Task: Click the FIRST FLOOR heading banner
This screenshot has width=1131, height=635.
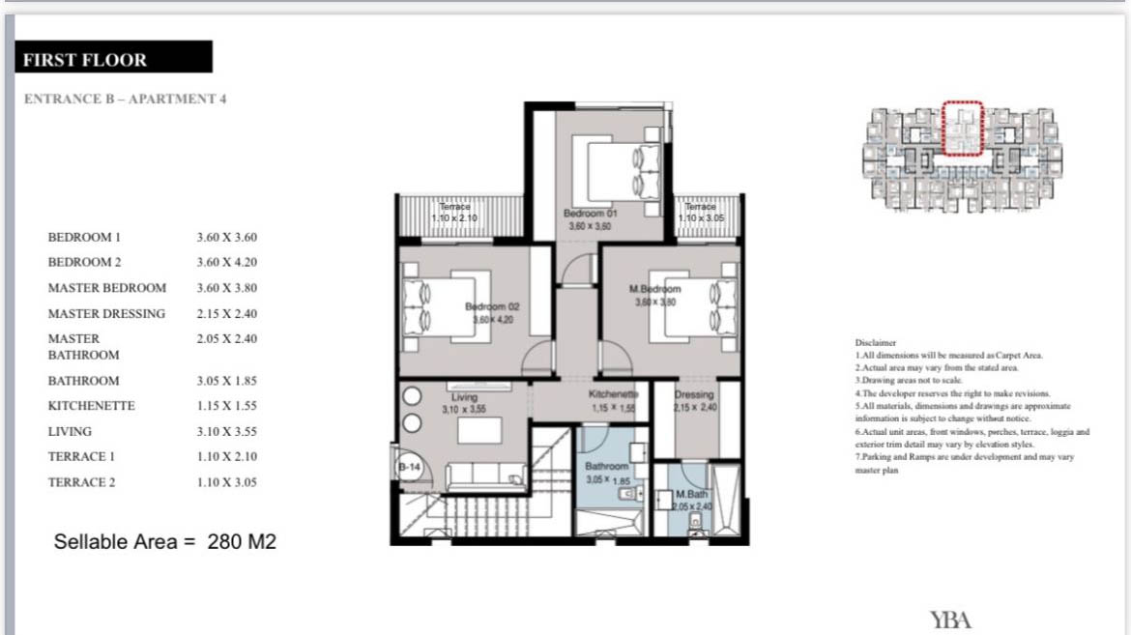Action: (x=113, y=58)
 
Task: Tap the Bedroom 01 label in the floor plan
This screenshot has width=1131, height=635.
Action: (x=596, y=213)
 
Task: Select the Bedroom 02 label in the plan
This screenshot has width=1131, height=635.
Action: (x=493, y=305)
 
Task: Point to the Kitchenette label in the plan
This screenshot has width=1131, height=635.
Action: (x=614, y=394)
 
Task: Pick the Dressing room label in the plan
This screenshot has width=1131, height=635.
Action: (x=693, y=394)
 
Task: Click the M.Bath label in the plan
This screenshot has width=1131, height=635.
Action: (x=692, y=494)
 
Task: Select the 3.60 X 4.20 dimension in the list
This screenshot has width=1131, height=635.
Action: (x=227, y=262)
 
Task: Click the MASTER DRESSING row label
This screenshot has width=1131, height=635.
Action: (x=106, y=313)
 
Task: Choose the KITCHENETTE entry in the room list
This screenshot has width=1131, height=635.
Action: (x=91, y=406)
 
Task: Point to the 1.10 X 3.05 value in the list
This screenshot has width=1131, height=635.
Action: (x=227, y=482)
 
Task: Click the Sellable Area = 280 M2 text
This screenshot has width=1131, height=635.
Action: (x=165, y=541)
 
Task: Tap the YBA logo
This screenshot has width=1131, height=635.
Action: (x=950, y=620)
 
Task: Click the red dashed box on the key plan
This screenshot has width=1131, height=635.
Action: (x=963, y=128)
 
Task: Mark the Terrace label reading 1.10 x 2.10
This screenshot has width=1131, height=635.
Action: (x=453, y=213)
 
